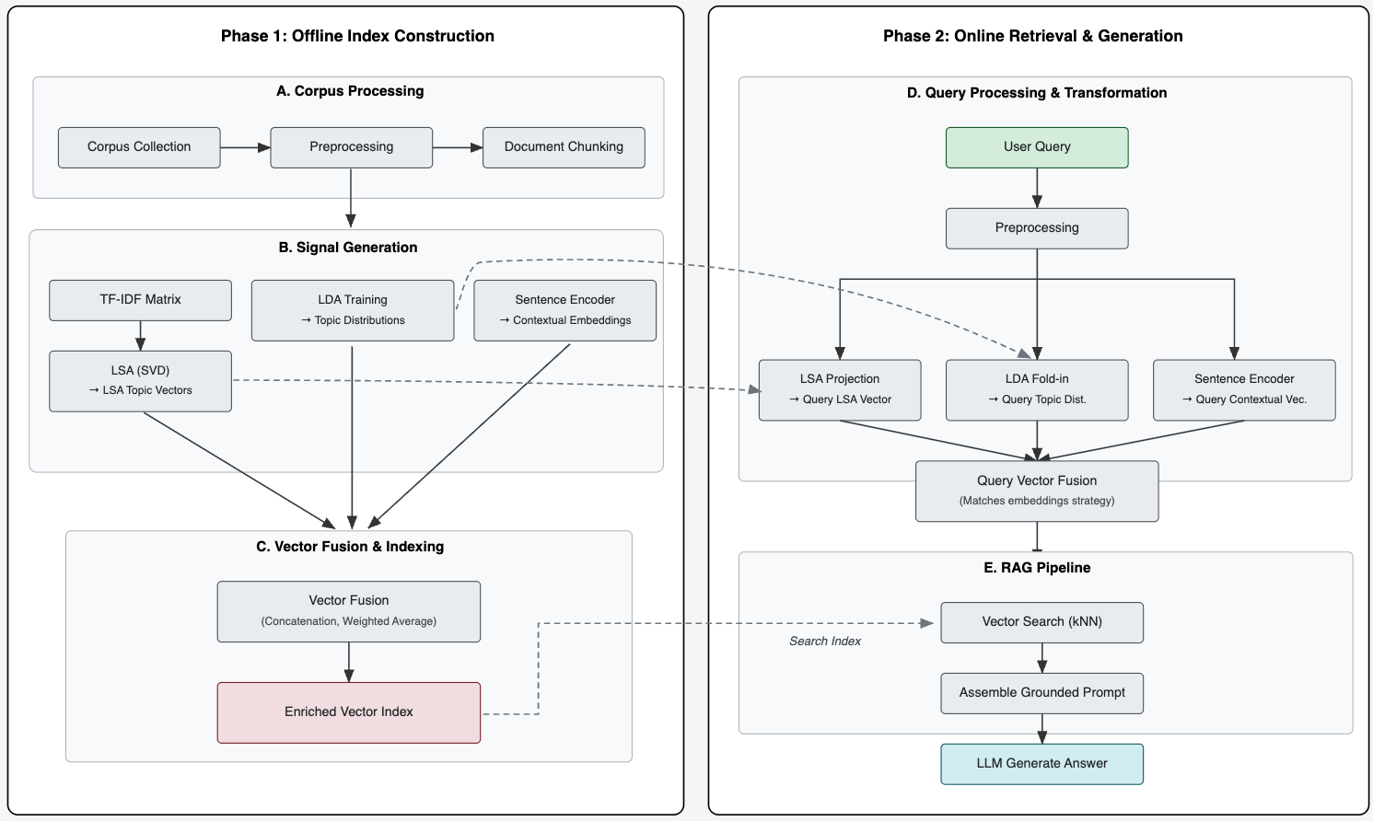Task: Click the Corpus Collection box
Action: coord(139,147)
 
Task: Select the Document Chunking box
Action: coord(564,147)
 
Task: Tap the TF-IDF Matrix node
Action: coord(140,300)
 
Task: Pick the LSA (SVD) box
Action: coord(140,380)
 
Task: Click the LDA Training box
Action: coord(353,310)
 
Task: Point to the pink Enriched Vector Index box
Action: coord(349,712)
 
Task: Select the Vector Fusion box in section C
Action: coord(349,611)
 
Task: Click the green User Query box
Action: coord(1037,147)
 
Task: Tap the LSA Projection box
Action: coord(840,389)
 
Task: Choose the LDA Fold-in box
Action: coord(1037,389)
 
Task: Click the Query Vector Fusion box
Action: coord(1037,491)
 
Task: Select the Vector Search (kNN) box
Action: coord(1041,622)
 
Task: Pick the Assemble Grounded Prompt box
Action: coord(1041,693)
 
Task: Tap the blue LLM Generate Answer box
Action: coord(1041,764)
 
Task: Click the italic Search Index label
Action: coord(825,642)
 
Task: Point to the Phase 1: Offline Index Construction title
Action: coord(357,36)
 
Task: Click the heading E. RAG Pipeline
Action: coord(1037,568)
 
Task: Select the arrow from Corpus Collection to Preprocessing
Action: coord(245,147)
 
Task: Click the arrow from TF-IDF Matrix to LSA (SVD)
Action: coord(140,335)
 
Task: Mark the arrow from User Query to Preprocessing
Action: coord(1037,188)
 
